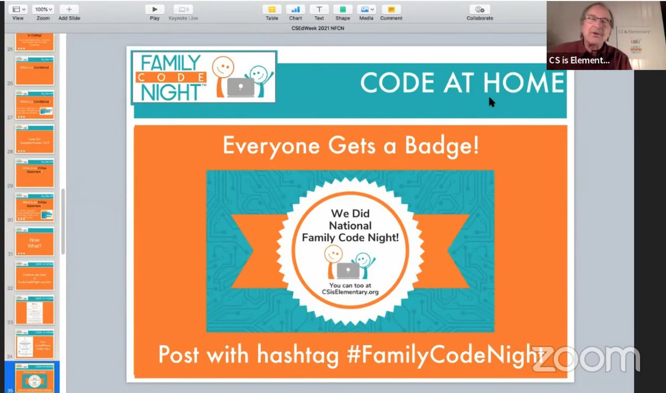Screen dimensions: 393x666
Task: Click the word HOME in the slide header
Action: pos(523,83)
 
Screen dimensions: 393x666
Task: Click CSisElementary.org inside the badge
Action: pos(350,293)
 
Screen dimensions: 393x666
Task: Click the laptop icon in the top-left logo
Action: pos(240,87)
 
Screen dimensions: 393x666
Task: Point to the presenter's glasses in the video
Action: pos(598,22)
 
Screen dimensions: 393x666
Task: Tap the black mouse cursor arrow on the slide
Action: pos(492,102)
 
